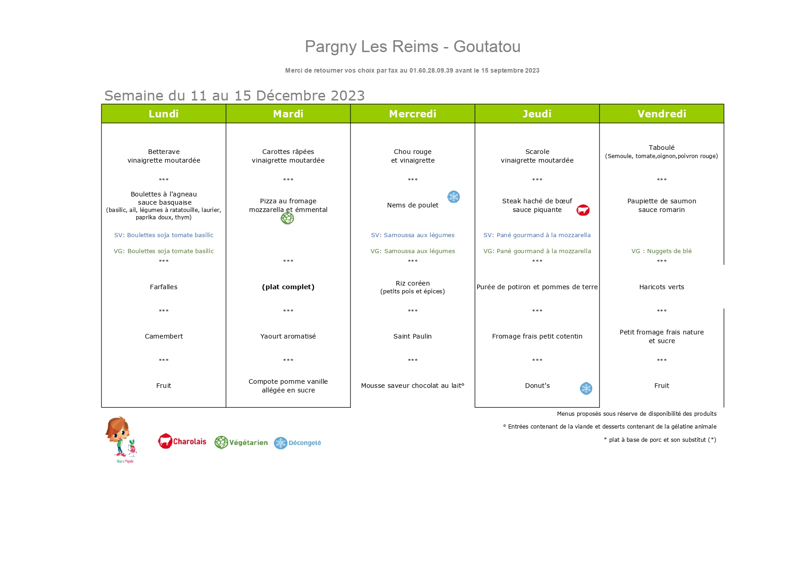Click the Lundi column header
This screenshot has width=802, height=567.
pos(164,114)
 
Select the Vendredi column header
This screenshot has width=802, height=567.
pos(662,114)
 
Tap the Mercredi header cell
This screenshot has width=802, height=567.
pos(413,114)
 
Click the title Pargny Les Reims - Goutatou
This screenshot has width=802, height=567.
pos(413,47)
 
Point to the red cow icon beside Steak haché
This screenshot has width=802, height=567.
pos(583,210)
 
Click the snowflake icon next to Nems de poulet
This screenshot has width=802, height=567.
pos(453,197)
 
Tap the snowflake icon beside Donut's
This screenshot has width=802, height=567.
pos(586,388)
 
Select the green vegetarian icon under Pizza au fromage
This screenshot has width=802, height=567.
pos(287,218)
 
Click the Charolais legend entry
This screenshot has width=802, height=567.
pos(182,441)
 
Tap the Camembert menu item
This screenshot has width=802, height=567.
pos(164,336)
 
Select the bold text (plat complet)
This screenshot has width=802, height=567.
pos(288,287)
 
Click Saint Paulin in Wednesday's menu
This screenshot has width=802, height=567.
pos(413,336)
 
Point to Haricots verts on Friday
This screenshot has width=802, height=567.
pos(662,287)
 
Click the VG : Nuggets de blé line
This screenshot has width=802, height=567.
pos(662,251)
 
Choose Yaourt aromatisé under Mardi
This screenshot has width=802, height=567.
pos(288,336)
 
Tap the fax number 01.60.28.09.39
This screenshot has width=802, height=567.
pos(431,70)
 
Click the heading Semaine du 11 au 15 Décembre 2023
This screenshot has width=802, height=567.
pos(234,95)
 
